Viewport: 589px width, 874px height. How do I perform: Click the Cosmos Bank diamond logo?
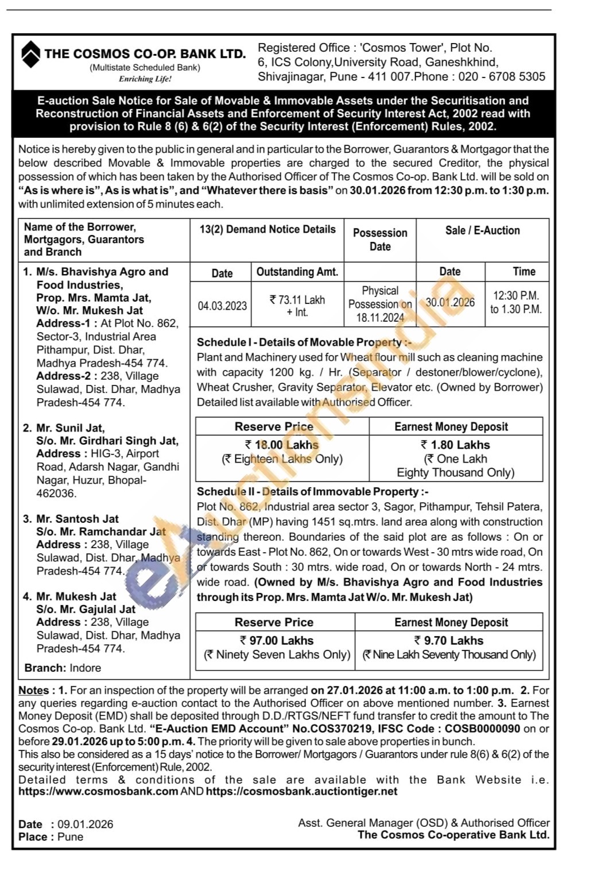tap(30, 53)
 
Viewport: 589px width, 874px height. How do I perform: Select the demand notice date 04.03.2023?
tap(222, 306)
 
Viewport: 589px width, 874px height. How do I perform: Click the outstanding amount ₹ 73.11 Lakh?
tap(297, 300)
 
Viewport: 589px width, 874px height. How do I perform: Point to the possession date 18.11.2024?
tap(379, 318)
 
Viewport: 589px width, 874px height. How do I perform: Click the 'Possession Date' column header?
tap(380, 240)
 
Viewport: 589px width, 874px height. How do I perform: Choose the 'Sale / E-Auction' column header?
tap(482, 230)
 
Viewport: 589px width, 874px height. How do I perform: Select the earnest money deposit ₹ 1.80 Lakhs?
tap(455, 445)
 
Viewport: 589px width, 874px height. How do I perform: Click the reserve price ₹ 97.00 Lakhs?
tap(277, 640)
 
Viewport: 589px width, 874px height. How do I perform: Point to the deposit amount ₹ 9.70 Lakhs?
tap(449, 640)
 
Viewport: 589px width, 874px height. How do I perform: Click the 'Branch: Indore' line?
tap(63, 668)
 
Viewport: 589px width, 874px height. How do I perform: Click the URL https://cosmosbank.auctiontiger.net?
tap(301, 791)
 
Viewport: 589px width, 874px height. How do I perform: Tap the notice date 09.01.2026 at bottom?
tap(85, 824)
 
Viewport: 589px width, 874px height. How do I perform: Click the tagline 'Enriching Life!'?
tap(145, 79)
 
